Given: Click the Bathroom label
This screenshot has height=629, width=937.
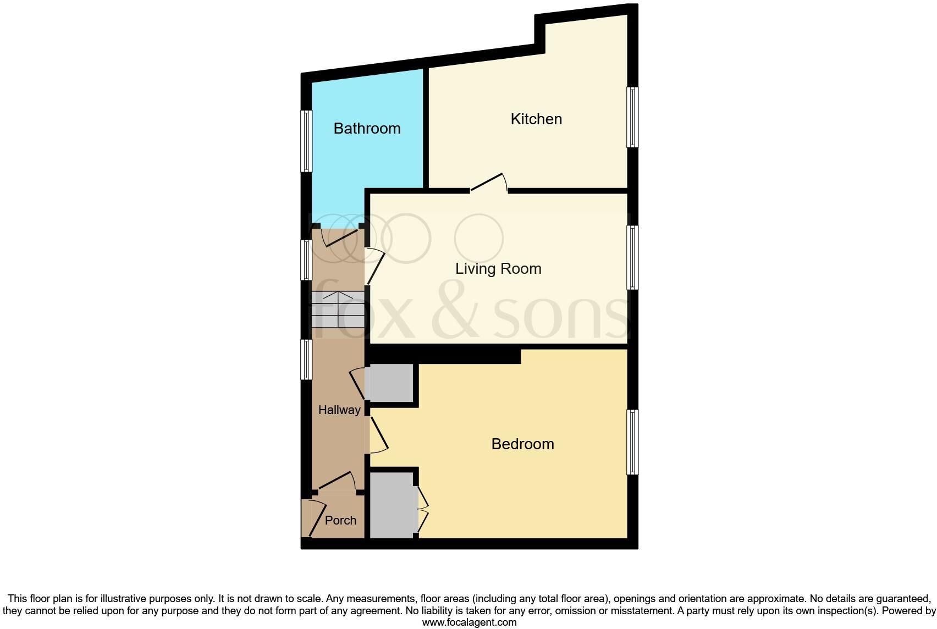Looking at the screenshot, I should [x=367, y=129].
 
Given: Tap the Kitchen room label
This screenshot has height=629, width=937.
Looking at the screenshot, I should [x=536, y=119].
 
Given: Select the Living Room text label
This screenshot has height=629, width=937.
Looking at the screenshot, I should [x=498, y=269].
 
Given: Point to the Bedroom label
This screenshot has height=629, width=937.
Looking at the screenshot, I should [x=522, y=444].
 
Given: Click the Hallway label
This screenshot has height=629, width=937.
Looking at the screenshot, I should [x=339, y=410].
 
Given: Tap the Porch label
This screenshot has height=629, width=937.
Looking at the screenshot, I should [x=340, y=521].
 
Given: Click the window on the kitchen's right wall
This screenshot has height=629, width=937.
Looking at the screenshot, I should [x=632, y=117].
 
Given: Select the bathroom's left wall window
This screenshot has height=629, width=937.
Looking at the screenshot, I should [x=306, y=141].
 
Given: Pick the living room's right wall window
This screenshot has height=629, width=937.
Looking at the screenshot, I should [x=632, y=257].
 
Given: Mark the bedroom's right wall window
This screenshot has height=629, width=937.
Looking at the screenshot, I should [x=632, y=442].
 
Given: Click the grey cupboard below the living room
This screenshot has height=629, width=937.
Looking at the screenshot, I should [x=391, y=383].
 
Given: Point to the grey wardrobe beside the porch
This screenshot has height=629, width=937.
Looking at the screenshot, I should [x=392, y=505].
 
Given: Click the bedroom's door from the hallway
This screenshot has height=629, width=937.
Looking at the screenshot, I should [x=378, y=434].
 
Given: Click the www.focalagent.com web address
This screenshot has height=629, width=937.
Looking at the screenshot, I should [x=469, y=623].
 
